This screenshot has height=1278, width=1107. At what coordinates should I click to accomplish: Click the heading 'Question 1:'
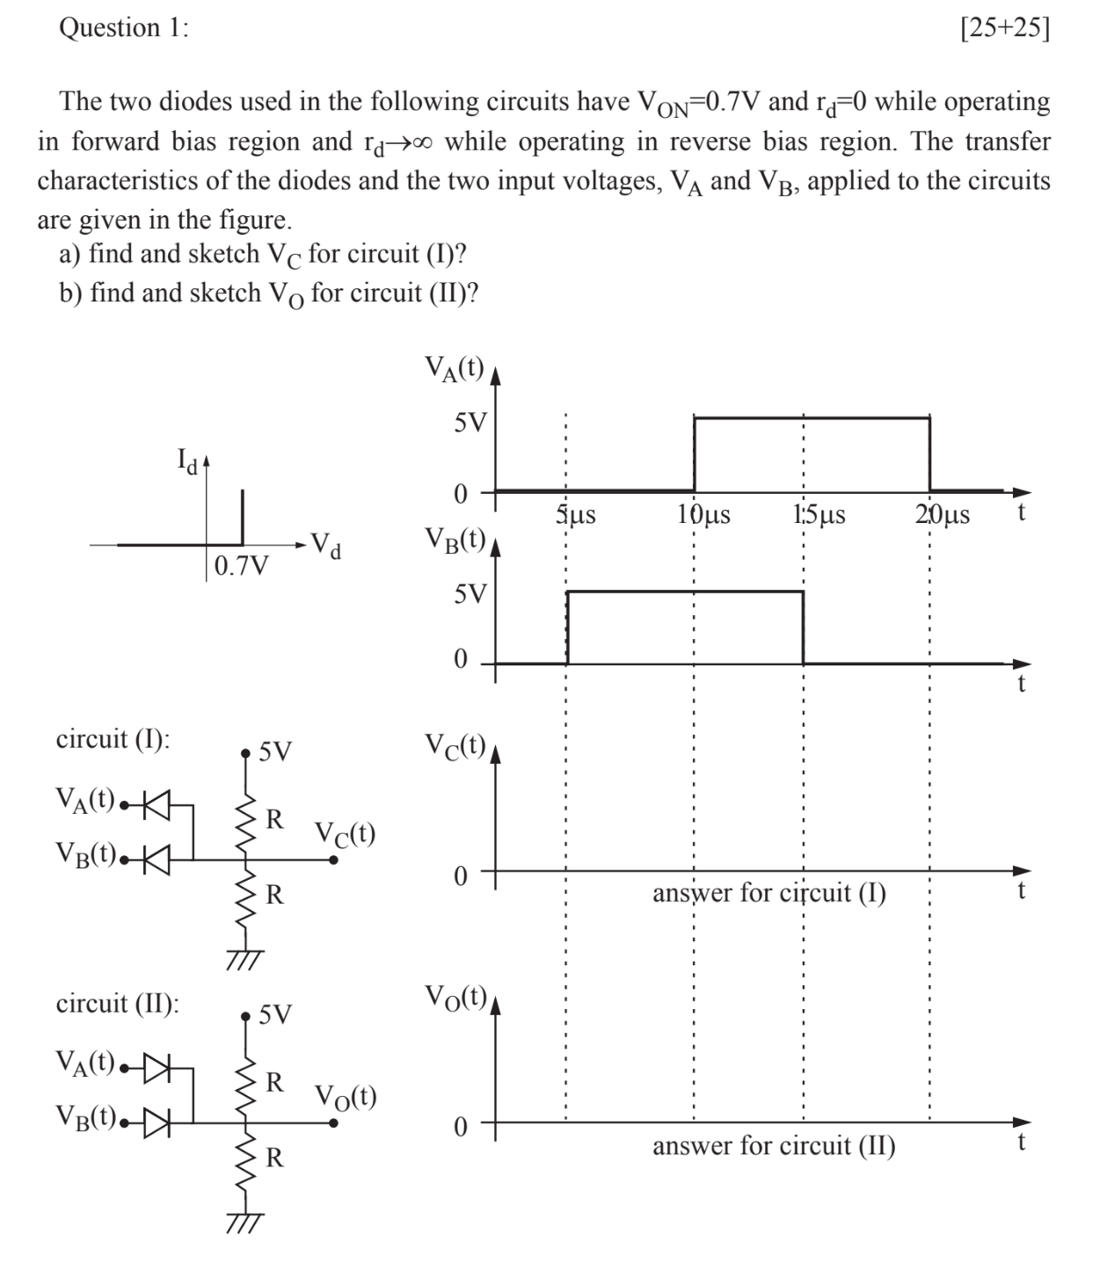click(x=123, y=28)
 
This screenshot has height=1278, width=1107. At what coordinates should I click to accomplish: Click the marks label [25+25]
click(x=1005, y=28)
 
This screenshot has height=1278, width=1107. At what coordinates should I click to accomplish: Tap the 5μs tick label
click(x=576, y=514)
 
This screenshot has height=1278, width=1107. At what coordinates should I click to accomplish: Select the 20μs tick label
click(x=942, y=514)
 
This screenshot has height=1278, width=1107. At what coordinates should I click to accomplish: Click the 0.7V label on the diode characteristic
click(x=243, y=564)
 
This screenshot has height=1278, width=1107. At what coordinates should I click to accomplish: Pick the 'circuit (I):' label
click(x=113, y=739)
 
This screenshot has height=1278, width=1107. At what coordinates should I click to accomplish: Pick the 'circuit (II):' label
click(x=117, y=1003)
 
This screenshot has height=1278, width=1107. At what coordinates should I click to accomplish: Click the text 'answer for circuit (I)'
click(x=769, y=894)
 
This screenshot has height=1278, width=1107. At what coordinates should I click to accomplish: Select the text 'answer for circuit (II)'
click(x=774, y=1146)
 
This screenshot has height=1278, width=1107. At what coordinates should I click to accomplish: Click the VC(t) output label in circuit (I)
click(x=346, y=832)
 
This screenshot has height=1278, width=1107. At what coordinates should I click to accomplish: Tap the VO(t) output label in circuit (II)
click(x=346, y=1096)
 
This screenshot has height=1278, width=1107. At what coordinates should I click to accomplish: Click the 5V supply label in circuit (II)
click(x=275, y=1015)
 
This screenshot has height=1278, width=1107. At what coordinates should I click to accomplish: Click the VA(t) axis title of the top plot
click(x=454, y=367)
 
